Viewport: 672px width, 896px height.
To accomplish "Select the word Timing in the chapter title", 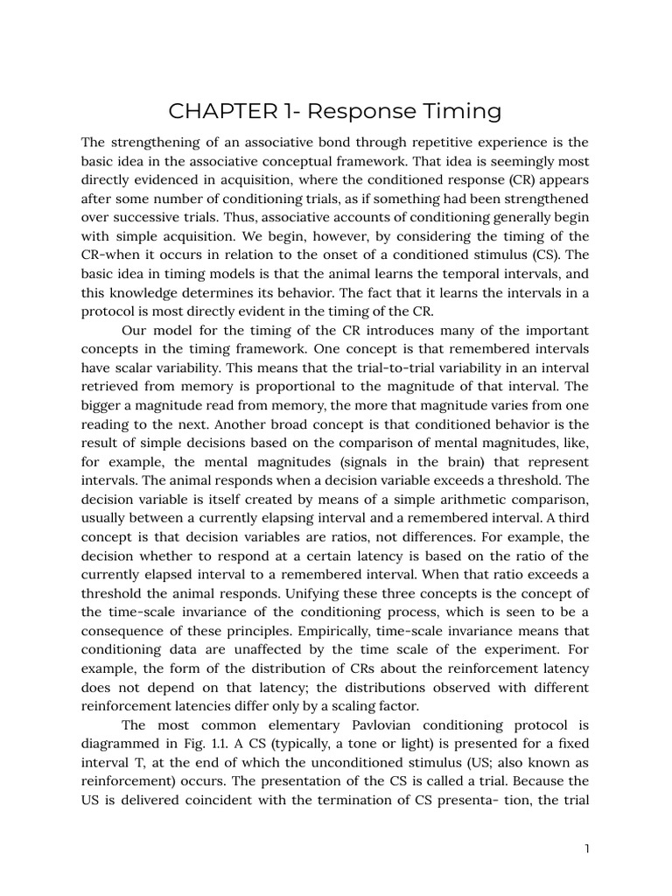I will point(460,111).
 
